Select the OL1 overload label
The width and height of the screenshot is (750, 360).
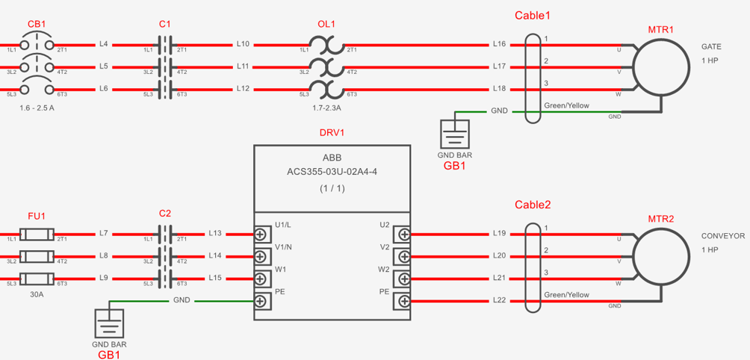click(x=327, y=24)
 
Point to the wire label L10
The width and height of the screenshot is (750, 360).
click(x=243, y=45)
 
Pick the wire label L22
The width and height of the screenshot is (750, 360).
click(x=499, y=301)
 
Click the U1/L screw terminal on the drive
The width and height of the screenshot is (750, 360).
click(x=260, y=235)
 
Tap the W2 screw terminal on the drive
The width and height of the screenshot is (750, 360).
click(x=403, y=279)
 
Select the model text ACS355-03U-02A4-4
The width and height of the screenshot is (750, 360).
click(x=332, y=172)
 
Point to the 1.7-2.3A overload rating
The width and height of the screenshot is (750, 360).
click(x=327, y=108)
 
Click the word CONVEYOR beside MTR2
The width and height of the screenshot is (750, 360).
click(x=723, y=236)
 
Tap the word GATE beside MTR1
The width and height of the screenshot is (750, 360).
click(x=711, y=47)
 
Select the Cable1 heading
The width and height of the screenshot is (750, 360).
click(x=533, y=15)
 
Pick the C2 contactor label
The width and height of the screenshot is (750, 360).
click(x=164, y=214)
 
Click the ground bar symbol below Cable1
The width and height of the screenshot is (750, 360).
click(x=454, y=134)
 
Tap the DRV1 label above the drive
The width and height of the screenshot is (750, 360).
click(x=332, y=132)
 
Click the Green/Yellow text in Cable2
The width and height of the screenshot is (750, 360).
click(x=566, y=295)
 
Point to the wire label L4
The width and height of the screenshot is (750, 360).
click(x=104, y=45)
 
